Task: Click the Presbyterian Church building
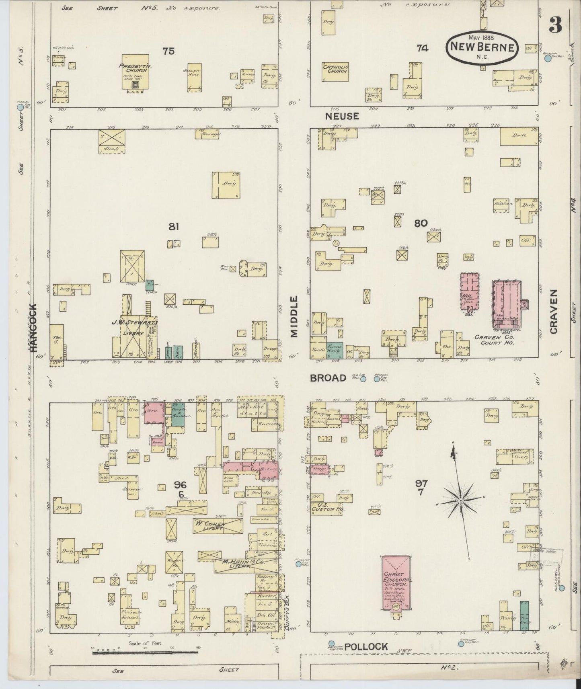[x=135, y=72]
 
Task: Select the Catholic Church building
[x=335, y=72]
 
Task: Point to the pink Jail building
[x=469, y=291]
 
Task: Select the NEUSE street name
[x=342, y=116]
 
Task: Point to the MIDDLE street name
[x=295, y=317]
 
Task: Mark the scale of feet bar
[x=146, y=653]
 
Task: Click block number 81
[x=174, y=227]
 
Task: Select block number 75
[x=169, y=51]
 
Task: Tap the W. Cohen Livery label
[x=209, y=525]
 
